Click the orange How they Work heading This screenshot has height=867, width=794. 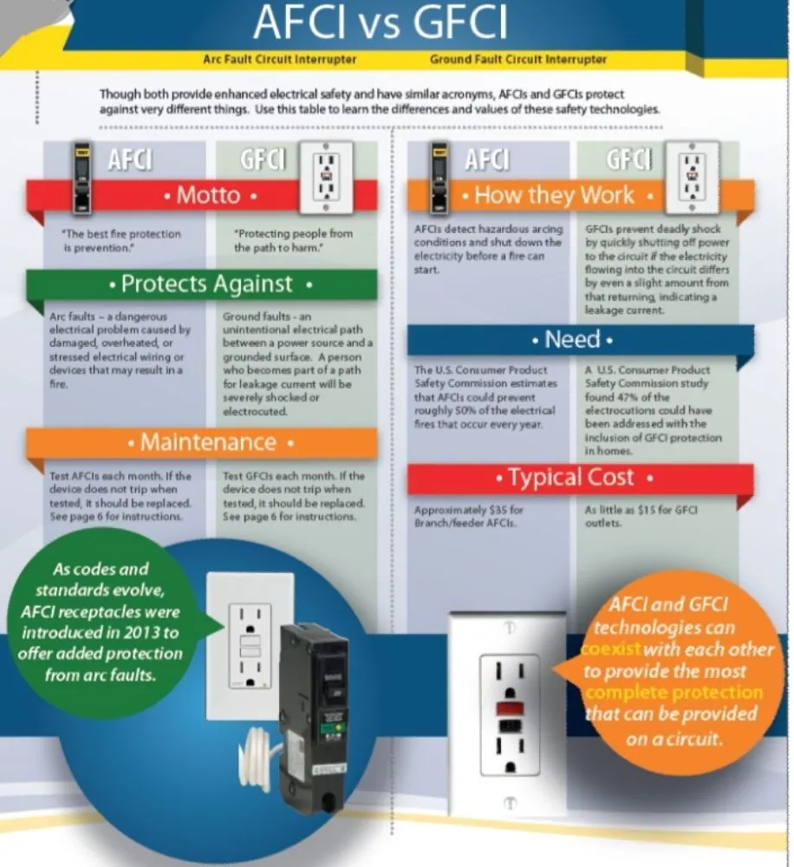pyautogui.click(x=555, y=195)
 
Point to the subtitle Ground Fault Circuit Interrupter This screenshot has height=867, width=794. pyautogui.click(x=517, y=60)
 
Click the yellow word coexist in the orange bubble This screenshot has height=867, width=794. pyautogui.click(x=611, y=649)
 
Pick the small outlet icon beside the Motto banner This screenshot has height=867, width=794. pyautogui.click(x=326, y=177)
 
